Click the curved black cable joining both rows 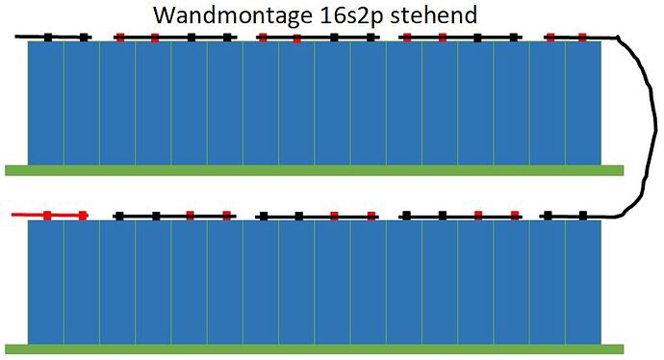pos(637,125)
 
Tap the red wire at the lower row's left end pos(29,215)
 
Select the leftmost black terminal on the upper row pos(48,38)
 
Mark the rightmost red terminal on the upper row pos(582,38)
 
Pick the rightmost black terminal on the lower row pos(583,216)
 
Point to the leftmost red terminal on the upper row pos(119,38)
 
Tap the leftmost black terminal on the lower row pos(119,216)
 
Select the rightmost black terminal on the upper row pos(515,38)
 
